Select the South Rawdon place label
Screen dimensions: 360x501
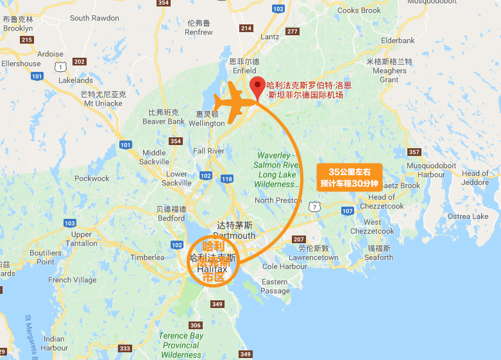click(94, 18)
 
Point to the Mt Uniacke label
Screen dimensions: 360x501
click(103, 103)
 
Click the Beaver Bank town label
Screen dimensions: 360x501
click(164, 121)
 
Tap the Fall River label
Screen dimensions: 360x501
click(208, 151)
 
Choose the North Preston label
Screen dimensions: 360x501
click(278, 200)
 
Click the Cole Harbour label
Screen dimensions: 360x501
click(285, 266)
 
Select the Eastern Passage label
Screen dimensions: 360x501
click(275, 286)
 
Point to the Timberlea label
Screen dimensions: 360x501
click(148, 257)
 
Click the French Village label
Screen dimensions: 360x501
click(72, 280)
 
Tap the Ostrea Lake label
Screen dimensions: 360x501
click(468, 216)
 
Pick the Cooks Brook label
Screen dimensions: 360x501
click(359, 10)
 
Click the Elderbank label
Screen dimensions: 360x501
click(398, 40)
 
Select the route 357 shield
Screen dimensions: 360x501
click(414, 152)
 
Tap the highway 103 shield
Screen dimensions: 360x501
click(69, 223)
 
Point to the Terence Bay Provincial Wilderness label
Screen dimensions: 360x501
click(181, 345)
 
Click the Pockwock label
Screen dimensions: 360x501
click(92, 178)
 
